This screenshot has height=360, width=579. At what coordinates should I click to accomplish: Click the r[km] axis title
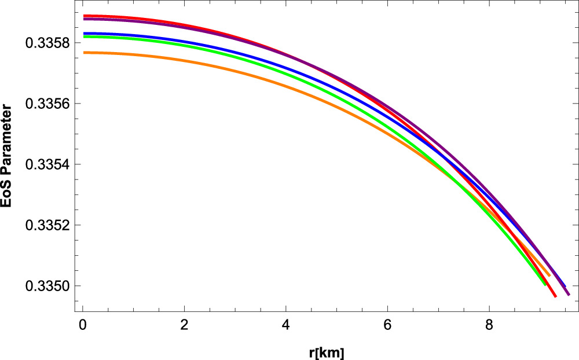[326, 351]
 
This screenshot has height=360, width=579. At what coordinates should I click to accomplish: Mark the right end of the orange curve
[549, 275]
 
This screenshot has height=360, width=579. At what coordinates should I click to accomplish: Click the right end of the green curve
[545, 284]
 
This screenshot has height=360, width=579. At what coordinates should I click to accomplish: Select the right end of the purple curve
[569, 295]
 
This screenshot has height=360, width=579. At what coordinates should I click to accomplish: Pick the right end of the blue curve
[565, 286]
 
